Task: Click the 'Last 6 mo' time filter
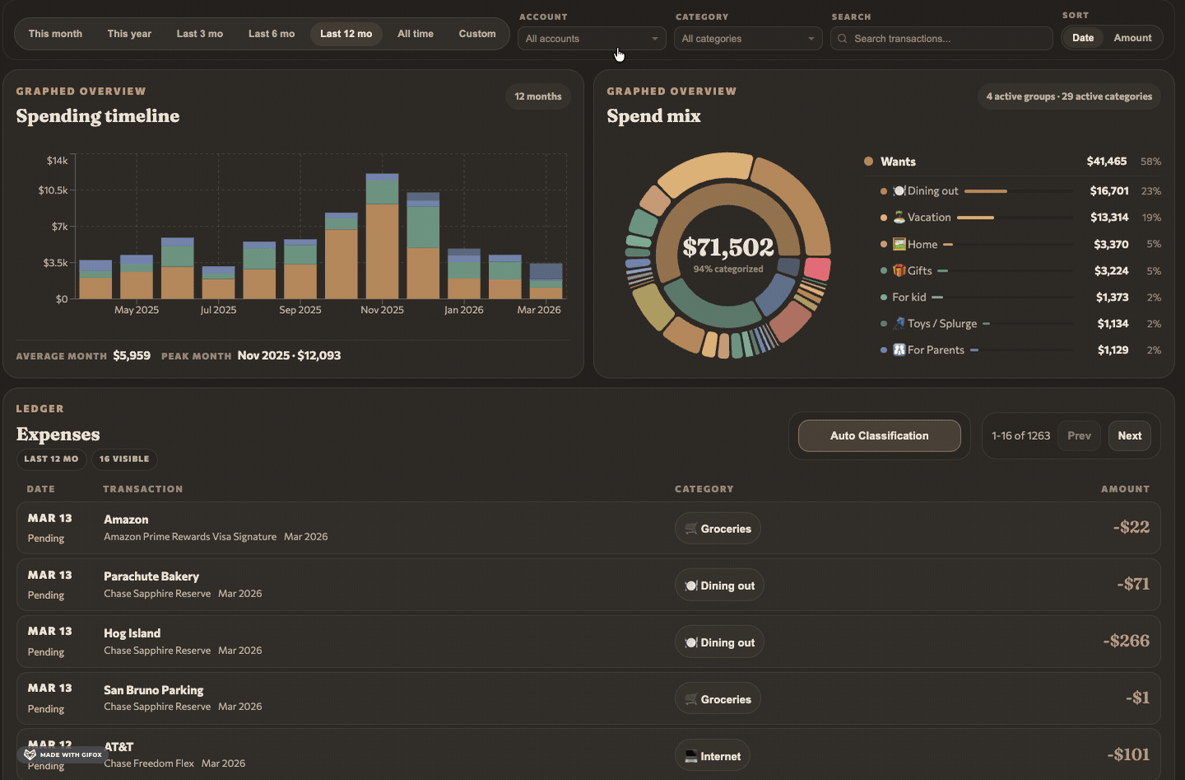point(272,34)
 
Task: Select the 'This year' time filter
point(129,34)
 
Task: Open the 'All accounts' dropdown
point(591,39)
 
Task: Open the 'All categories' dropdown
point(747,39)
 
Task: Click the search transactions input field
point(946,39)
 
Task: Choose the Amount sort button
point(1132,38)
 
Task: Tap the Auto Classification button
point(879,436)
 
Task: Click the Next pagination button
point(1129,436)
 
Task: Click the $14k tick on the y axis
point(57,161)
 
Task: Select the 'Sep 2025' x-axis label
point(300,311)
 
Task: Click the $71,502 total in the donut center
point(728,247)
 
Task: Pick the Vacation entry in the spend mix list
point(928,217)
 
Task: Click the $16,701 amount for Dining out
point(1108,191)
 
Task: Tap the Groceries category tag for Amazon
point(718,529)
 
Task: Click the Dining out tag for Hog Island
point(719,642)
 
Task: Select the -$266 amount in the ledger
point(1126,641)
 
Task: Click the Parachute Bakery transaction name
point(151,577)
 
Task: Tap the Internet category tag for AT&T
point(713,756)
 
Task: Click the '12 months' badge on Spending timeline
point(537,96)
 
